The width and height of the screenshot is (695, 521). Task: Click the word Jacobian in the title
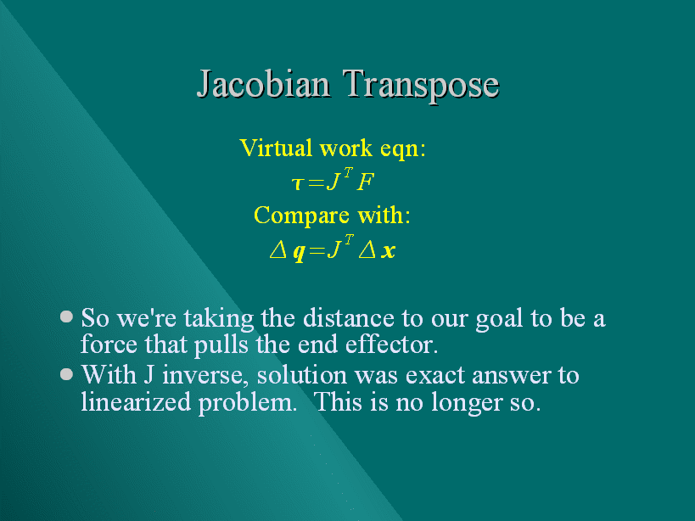(263, 84)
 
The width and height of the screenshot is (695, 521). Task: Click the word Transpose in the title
(421, 86)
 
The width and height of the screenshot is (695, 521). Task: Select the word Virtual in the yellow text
(276, 148)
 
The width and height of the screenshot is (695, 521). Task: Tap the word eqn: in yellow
(403, 149)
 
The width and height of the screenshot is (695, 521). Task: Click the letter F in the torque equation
(366, 182)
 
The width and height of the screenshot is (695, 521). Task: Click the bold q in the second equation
(300, 252)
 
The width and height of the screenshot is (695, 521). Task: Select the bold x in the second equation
(388, 251)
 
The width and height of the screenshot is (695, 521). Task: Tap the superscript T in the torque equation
(349, 172)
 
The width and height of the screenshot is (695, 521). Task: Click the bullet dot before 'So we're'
(66, 317)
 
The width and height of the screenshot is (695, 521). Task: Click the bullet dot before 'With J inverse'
(66, 374)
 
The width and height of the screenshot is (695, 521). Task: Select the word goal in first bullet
(499, 320)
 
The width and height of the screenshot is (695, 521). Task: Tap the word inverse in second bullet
(203, 376)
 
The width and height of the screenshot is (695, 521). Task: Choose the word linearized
(136, 402)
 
